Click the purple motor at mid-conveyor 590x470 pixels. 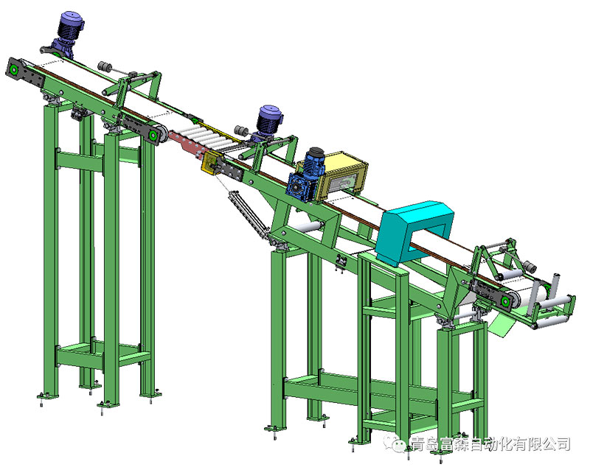(268, 122)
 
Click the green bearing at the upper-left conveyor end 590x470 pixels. (14, 70)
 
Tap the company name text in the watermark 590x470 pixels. (490, 444)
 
